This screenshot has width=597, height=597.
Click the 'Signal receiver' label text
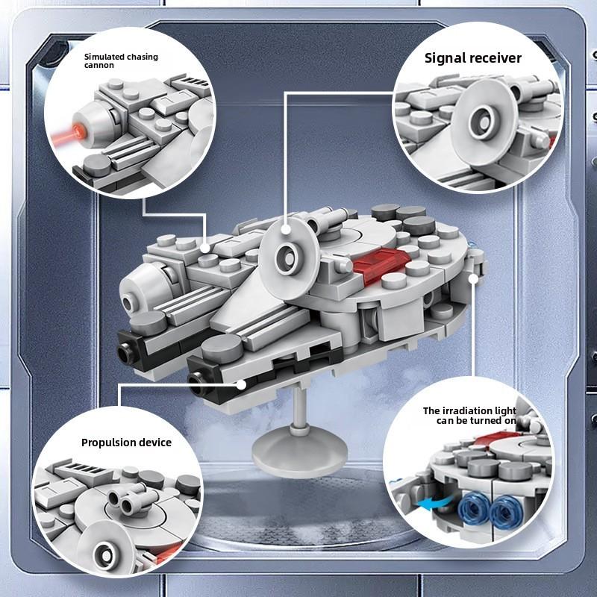point(473,57)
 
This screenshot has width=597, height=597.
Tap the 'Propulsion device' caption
point(126,443)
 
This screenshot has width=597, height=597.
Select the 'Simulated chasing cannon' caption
point(121,60)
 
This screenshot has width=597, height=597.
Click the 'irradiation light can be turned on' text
point(469,416)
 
